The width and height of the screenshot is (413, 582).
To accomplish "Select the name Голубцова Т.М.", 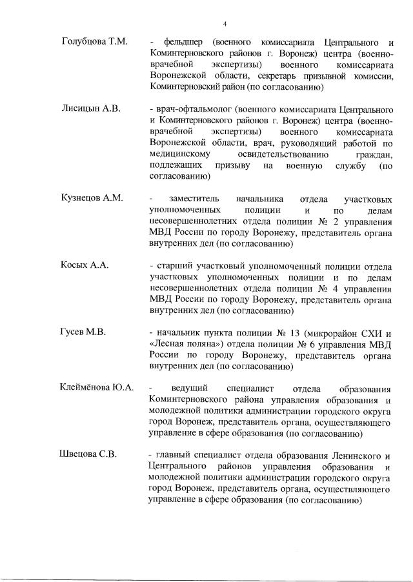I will (94, 41).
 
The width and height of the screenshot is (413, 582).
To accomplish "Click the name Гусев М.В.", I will (83, 332).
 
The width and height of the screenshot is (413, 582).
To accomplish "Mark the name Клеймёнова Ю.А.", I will (97, 388).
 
